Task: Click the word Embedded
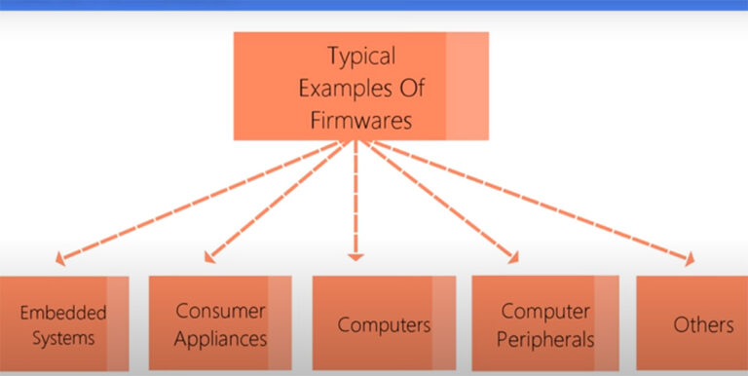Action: [x=63, y=314]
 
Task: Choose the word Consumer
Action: [x=220, y=312]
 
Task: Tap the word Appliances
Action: [x=220, y=339]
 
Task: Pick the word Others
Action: [x=703, y=324]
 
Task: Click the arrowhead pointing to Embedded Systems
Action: [x=60, y=260]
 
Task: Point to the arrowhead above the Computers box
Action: [x=355, y=257]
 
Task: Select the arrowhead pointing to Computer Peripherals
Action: [x=512, y=258]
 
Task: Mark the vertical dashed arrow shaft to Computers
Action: [x=355, y=200]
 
